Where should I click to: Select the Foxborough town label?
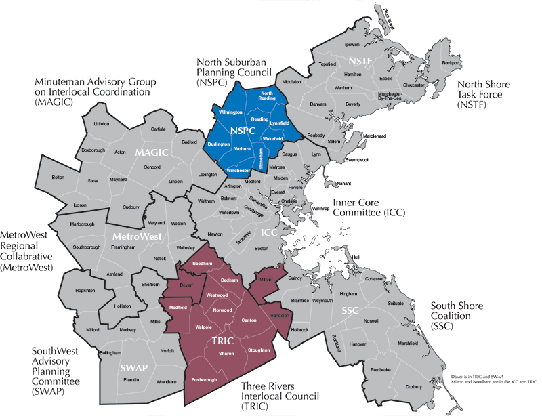205,380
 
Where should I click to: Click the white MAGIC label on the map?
151,152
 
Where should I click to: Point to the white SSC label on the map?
350,310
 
